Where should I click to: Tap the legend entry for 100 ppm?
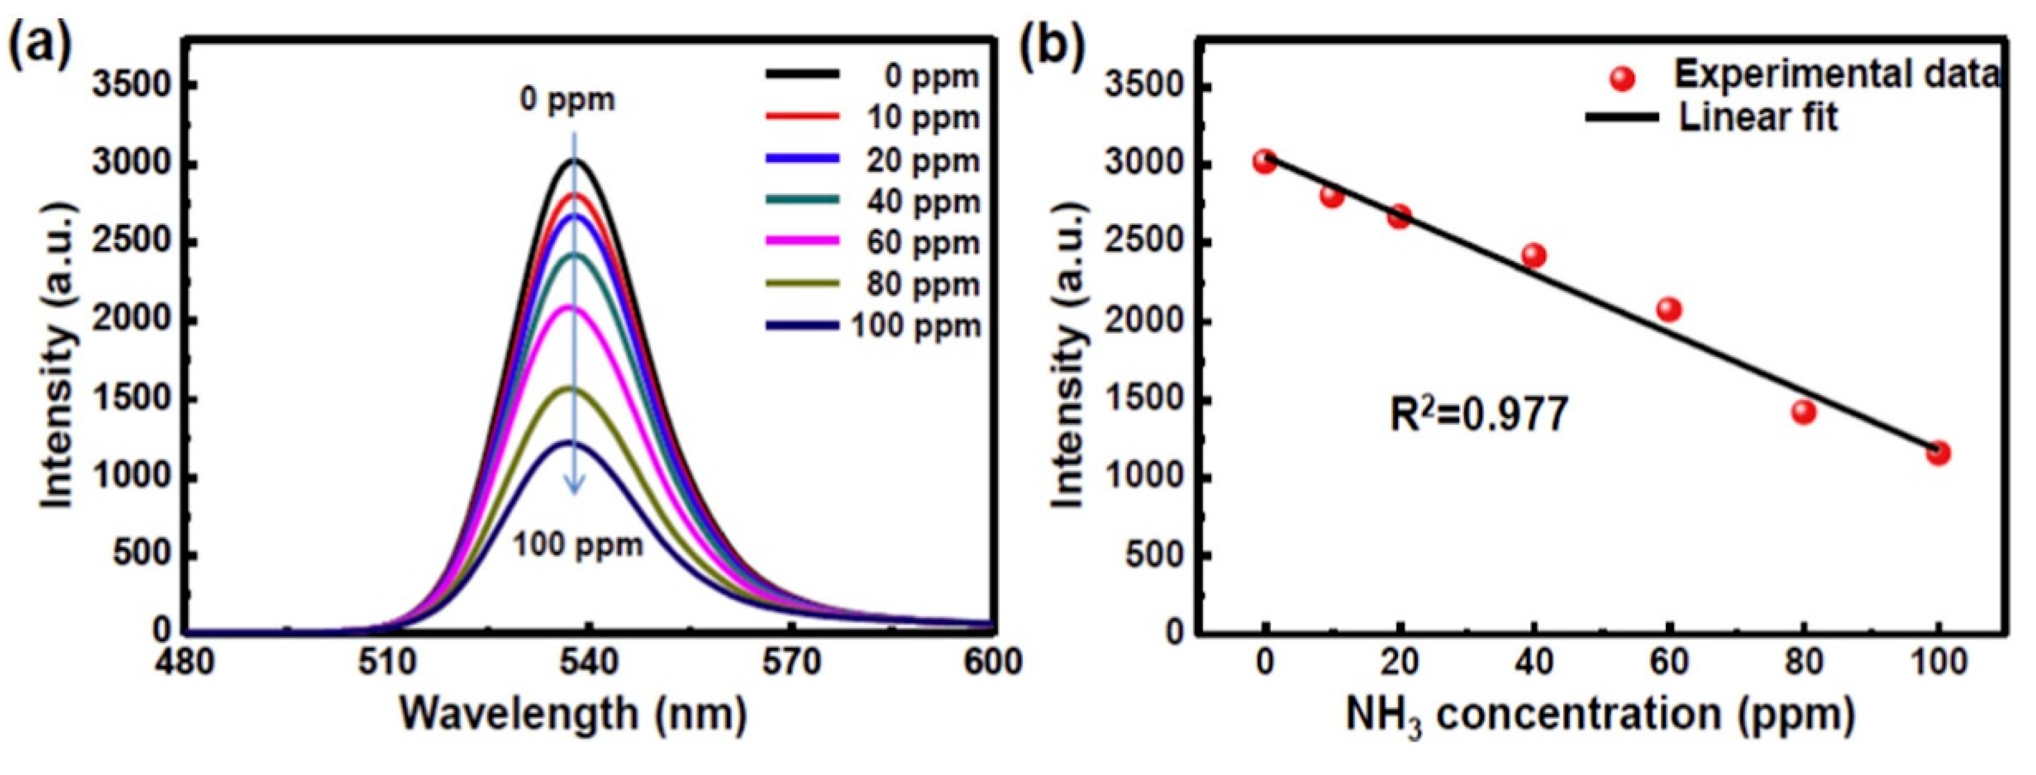[873, 325]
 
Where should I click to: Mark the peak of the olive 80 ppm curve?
[569, 388]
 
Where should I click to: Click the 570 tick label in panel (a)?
[791, 662]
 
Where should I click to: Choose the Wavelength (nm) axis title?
[573, 713]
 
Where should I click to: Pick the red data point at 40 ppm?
[1533, 255]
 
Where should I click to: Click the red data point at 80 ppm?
[1803, 411]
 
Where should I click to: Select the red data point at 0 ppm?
[1265, 162]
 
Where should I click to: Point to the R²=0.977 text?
[1478, 414]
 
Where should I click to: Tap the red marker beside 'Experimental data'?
[1622, 78]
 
